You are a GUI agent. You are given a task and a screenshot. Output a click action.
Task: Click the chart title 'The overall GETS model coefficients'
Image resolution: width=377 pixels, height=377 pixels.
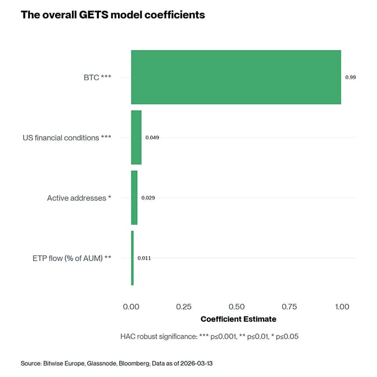coord(112,15)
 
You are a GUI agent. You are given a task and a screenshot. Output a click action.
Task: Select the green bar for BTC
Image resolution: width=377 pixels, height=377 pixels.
coord(236,77)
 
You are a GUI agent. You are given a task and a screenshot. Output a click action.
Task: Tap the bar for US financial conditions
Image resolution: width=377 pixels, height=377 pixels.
coord(136,137)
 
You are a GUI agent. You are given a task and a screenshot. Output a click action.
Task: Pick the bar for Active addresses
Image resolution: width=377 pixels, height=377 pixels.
coord(134,198)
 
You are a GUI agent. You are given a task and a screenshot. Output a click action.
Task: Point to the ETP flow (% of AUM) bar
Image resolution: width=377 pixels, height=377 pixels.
coord(133,258)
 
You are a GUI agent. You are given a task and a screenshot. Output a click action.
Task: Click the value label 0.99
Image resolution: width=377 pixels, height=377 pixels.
coord(350,77)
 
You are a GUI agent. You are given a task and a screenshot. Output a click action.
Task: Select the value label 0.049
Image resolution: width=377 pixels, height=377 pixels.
coord(152,137)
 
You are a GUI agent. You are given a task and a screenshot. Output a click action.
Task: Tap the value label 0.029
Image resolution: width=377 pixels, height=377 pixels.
coord(148,198)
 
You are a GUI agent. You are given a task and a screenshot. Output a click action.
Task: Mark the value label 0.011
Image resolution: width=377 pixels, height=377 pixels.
coord(144,258)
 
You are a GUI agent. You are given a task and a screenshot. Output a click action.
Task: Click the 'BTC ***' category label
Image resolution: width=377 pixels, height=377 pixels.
coord(93,77)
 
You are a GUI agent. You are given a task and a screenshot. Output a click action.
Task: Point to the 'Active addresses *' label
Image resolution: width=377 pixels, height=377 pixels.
coord(79,198)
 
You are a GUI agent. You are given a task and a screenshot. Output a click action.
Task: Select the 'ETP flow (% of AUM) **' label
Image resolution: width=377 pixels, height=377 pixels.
coord(72,258)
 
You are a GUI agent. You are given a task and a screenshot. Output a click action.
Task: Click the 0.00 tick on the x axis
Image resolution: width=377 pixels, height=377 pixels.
coord(131,307)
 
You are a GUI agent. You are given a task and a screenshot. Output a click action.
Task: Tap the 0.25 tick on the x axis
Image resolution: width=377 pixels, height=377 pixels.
coord(184,307)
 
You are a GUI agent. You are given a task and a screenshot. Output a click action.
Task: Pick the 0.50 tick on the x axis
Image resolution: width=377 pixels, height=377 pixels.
coord(237,307)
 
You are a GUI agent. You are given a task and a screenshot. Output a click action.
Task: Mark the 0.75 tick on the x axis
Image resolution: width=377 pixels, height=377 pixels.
coord(289,307)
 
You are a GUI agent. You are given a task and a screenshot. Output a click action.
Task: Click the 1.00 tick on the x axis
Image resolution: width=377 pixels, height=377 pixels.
coord(341,307)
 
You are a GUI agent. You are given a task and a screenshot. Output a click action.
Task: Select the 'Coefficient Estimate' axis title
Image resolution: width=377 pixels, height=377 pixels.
coord(238,319)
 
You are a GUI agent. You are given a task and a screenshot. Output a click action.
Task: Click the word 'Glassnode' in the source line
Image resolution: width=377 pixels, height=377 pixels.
coord(104,364)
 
